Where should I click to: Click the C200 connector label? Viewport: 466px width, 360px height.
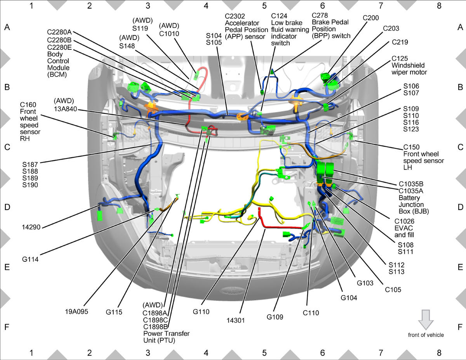pyautogui.click(x=370, y=18)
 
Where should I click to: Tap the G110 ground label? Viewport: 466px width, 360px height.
pyautogui.click(x=201, y=311)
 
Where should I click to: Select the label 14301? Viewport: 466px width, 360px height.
pyautogui.click(x=235, y=320)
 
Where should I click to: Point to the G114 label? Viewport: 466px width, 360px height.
pyautogui.click(x=30, y=259)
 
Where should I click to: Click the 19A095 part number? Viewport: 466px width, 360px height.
pyautogui.click(x=77, y=311)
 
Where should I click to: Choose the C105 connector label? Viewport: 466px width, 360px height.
pyautogui.click(x=393, y=290)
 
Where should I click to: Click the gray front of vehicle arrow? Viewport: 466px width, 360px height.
pyautogui.click(x=426, y=320)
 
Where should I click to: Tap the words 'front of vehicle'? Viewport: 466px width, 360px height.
pyautogui.click(x=426, y=335)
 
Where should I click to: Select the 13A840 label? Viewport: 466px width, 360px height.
pyautogui.click(x=65, y=109)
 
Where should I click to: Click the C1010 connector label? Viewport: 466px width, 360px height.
pyautogui.click(x=169, y=34)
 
